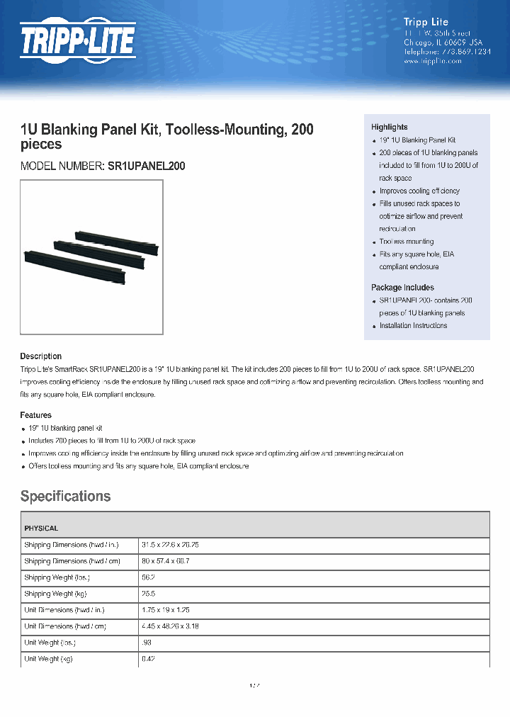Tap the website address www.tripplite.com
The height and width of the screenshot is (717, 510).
[432, 62]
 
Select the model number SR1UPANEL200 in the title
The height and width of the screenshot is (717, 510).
[147, 166]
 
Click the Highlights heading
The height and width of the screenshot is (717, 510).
[389, 127]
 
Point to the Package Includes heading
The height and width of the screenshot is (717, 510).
[402, 288]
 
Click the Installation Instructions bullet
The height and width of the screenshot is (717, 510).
[413, 326]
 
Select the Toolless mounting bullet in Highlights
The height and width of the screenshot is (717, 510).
[406, 242]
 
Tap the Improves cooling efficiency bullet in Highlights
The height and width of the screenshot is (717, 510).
[419, 191]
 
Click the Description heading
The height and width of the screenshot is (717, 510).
[40, 356]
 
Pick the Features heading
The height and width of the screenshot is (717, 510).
[35, 415]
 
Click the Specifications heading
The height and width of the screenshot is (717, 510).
[65, 496]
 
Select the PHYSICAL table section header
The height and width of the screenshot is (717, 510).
[41, 529]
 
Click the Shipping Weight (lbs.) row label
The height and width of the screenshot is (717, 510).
[57, 577]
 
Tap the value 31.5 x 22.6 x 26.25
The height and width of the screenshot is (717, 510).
[170, 545]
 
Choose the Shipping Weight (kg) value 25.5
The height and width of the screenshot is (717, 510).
[149, 594]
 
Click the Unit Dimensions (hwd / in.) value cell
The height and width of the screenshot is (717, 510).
[166, 610]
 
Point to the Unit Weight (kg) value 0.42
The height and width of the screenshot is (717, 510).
[149, 659]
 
